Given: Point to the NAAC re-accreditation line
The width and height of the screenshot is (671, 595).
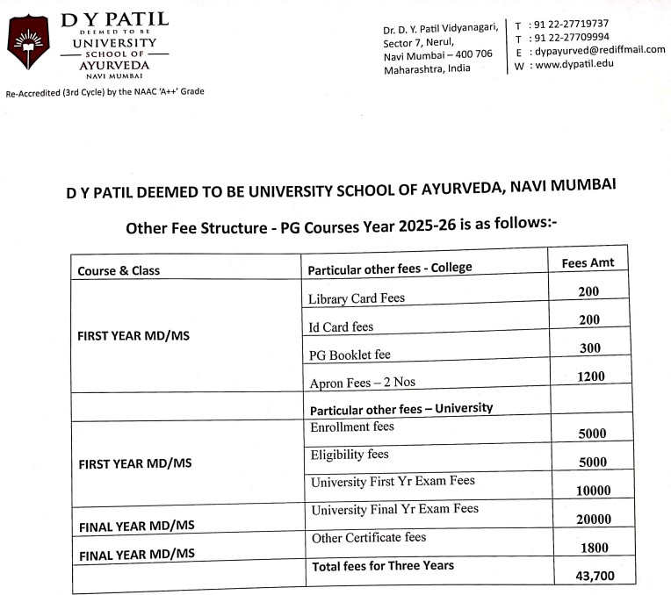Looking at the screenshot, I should tap(105, 91).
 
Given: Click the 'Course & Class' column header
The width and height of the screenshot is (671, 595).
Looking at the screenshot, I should tap(119, 270).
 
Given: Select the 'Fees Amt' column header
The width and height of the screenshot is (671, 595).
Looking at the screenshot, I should tap(588, 262).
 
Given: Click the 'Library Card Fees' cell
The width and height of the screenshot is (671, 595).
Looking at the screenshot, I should tap(357, 298).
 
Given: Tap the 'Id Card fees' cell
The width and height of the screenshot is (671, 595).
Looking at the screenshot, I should tap(341, 327).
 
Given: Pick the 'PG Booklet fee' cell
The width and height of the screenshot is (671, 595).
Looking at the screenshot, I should tap(350, 355).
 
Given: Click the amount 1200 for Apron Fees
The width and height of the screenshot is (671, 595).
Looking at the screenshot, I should tap(590, 376).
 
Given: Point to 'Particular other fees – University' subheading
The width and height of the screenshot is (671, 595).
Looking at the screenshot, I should tap(400, 408).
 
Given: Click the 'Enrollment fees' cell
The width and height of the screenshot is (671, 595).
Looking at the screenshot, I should tap(352, 427).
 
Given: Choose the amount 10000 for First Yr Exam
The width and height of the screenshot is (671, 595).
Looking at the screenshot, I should tap(593, 491).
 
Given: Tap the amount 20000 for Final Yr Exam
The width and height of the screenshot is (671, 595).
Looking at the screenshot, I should tap(593, 519).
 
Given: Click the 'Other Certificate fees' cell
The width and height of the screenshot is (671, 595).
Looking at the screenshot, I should tap(368, 538).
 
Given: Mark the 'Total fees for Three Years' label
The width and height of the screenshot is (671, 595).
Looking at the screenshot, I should tap(383, 566).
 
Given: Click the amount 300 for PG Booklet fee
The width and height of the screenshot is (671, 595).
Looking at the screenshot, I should tap(590, 348).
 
